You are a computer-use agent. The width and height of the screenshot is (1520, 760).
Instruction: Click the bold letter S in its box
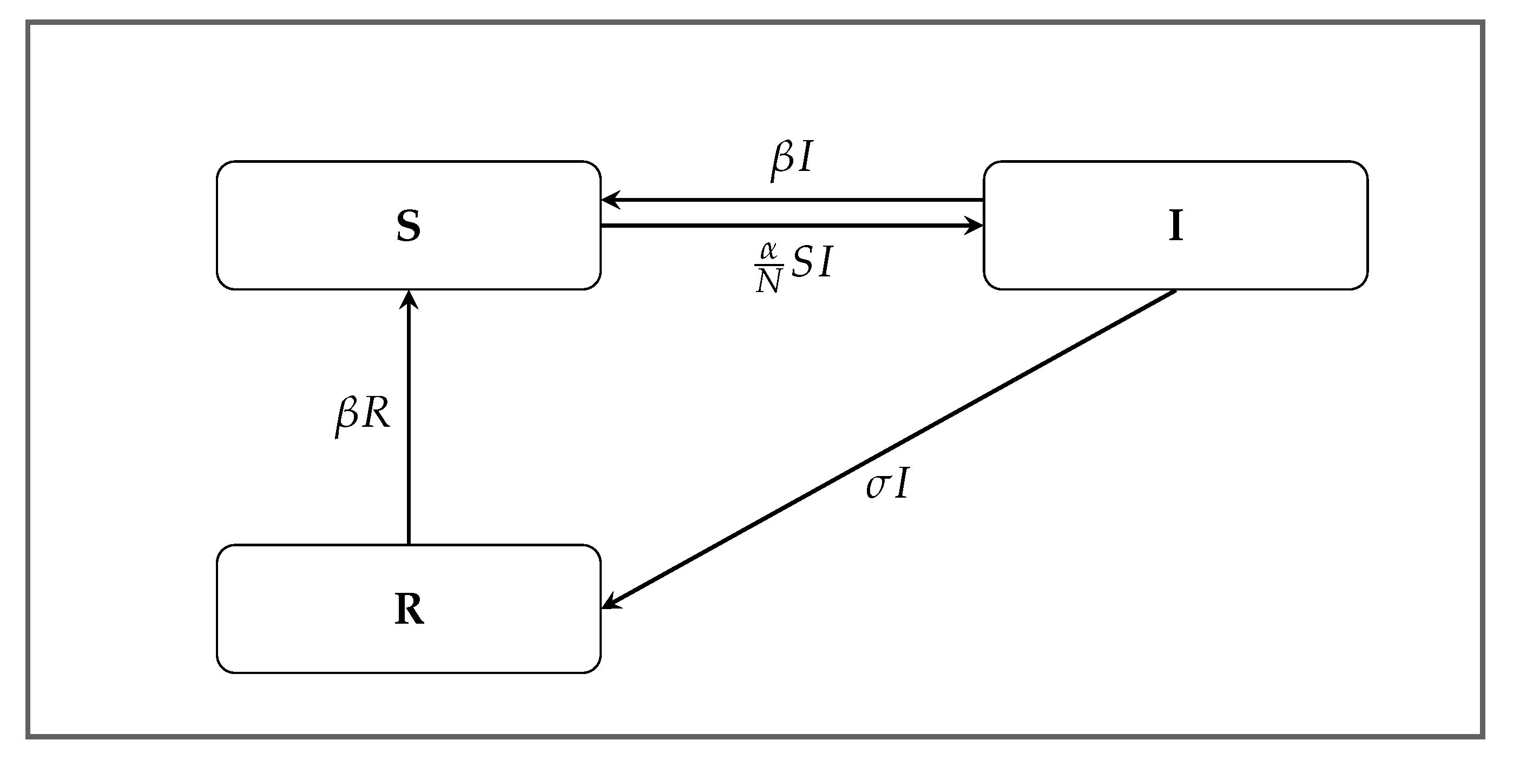click(x=409, y=226)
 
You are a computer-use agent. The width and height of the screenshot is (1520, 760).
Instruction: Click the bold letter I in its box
click(x=1175, y=226)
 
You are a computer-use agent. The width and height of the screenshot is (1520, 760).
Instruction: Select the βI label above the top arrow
click(x=791, y=160)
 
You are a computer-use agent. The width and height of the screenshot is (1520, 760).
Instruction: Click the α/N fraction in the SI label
click(x=768, y=268)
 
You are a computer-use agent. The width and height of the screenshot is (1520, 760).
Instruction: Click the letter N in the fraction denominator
click(x=768, y=282)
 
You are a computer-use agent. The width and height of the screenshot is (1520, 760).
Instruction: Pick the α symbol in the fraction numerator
click(x=768, y=252)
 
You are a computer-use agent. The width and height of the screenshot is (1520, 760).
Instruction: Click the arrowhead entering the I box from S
click(x=974, y=226)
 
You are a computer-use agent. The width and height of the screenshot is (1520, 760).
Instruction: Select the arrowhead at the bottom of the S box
click(x=409, y=299)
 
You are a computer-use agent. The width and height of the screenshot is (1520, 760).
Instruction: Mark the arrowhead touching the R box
click(x=611, y=603)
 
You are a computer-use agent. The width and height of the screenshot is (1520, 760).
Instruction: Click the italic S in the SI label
click(x=802, y=262)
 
